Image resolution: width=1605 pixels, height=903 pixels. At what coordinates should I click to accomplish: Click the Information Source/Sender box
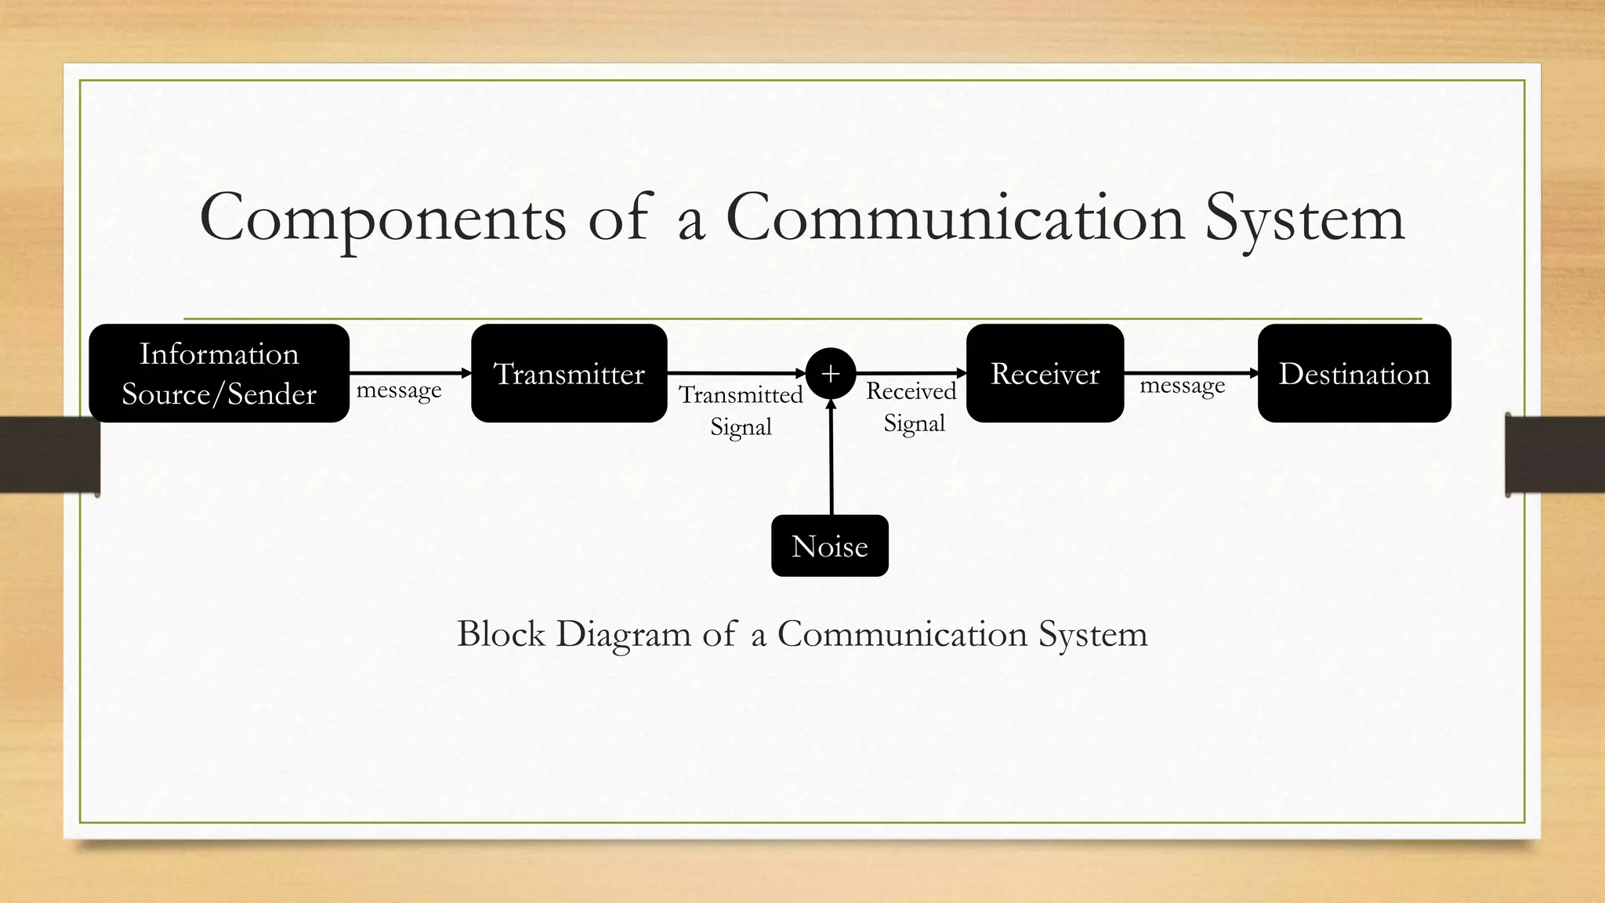tap(219, 373)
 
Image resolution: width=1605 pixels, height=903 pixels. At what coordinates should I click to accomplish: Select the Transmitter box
tap(569, 373)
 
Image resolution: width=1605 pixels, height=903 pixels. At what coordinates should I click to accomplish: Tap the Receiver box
tap(1045, 373)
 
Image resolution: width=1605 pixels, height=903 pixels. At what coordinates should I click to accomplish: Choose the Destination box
tap(1353, 373)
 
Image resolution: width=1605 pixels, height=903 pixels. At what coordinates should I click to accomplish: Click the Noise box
tap(829, 546)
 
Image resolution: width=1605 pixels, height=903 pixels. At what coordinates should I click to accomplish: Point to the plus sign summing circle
tap(831, 373)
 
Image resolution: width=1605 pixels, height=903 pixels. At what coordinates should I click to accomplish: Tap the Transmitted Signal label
tap(741, 410)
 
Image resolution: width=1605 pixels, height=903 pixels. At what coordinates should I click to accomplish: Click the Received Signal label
tap(912, 407)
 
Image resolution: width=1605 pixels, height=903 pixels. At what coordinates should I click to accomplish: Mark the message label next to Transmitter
tap(399, 390)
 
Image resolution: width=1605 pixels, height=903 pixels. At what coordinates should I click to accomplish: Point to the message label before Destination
tap(1182, 386)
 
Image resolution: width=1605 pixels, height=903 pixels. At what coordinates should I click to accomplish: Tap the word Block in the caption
tap(501, 633)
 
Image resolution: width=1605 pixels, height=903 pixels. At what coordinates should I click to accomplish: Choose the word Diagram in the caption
tap(624, 633)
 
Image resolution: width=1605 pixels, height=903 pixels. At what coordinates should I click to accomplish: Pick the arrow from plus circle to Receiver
tap(911, 373)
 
